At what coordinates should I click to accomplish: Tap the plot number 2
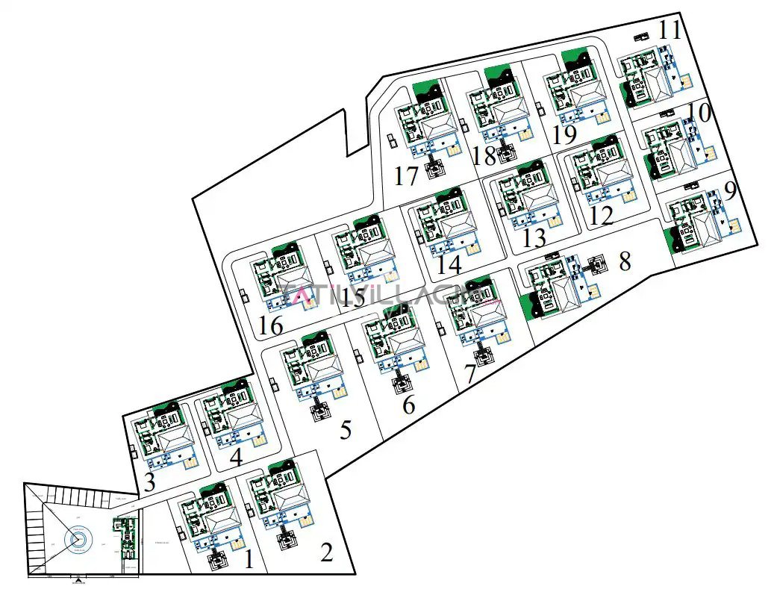326,553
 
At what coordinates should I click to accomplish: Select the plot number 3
149,482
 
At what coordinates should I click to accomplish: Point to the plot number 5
345,431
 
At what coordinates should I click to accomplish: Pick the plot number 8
625,261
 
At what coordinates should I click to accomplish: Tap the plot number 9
730,190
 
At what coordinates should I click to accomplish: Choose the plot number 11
670,31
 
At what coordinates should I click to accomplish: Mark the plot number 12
601,216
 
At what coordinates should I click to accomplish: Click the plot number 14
449,264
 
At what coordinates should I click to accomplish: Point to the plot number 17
407,177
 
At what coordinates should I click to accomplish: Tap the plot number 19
565,135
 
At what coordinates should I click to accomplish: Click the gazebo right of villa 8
596,266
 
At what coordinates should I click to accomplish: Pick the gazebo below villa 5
322,410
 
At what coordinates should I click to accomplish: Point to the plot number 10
699,113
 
